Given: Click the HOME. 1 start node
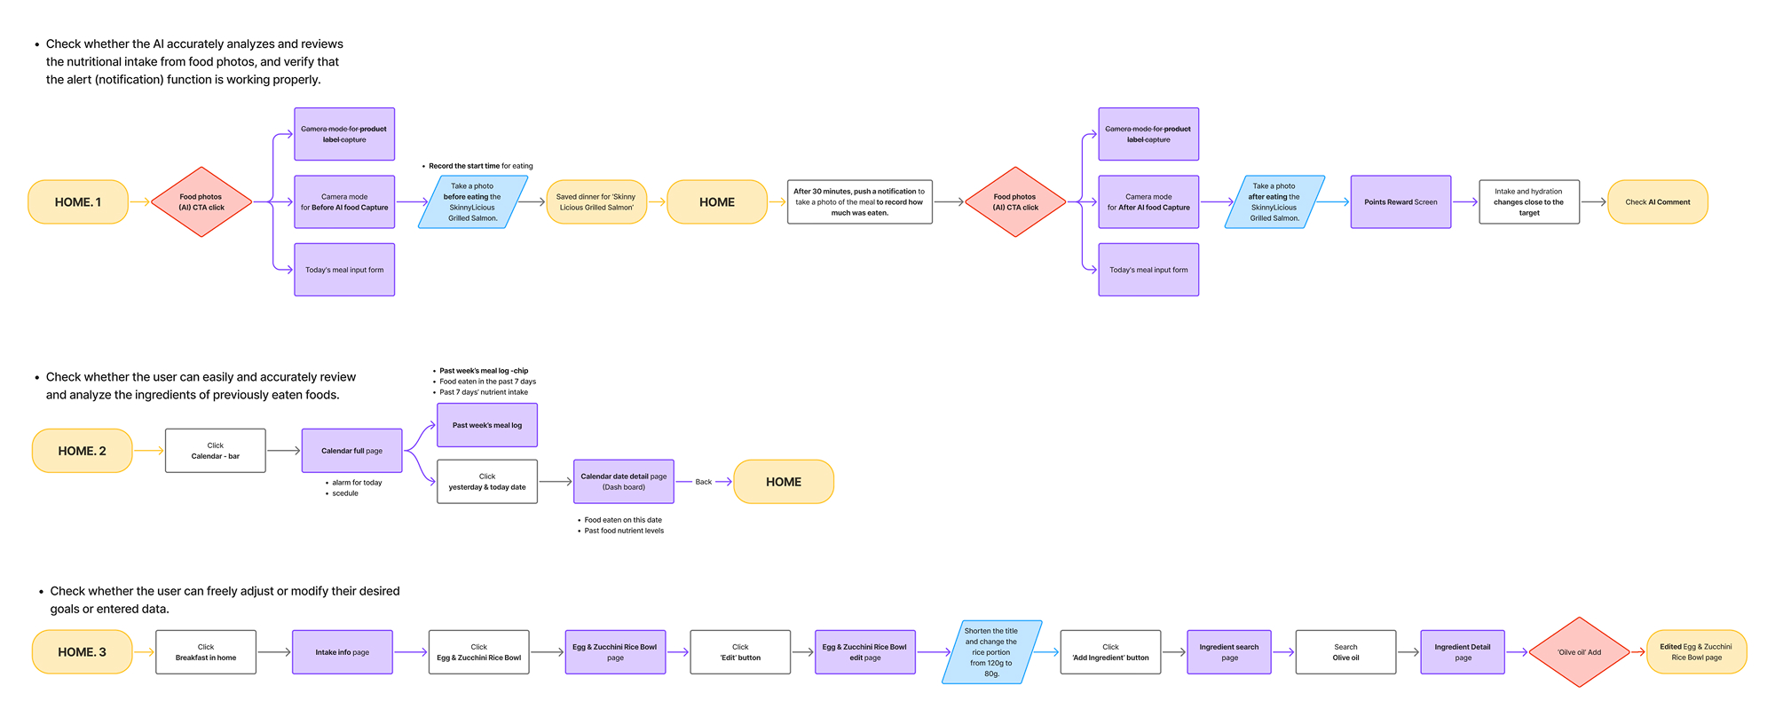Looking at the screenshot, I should (78, 202).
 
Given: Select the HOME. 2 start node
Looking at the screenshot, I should (82, 451).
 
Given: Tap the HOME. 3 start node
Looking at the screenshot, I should (82, 652).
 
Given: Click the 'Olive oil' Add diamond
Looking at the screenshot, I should (1579, 652).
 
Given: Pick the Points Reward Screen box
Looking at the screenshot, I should (1400, 202).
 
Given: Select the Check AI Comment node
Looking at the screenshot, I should (1657, 202).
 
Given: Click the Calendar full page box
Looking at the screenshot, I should (351, 451).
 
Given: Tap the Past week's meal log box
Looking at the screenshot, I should (487, 425).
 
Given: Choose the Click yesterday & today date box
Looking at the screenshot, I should (487, 482).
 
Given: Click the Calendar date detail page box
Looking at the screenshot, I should (624, 482).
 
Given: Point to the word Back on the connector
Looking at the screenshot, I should (703, 482).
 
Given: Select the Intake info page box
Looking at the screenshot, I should (342, 652).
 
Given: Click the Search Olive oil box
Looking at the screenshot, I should (1345, 652).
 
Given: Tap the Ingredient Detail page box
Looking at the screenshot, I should (1463, 652).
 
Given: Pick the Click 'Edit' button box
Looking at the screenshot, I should (740, 652).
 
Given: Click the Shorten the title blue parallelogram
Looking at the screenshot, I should (991, 652).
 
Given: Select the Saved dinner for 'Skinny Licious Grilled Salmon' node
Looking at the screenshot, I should (596, 202).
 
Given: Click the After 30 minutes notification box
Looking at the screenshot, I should (859, 202).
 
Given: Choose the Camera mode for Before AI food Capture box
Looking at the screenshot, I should (344, 202).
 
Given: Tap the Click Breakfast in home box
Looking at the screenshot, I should (206, 652).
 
